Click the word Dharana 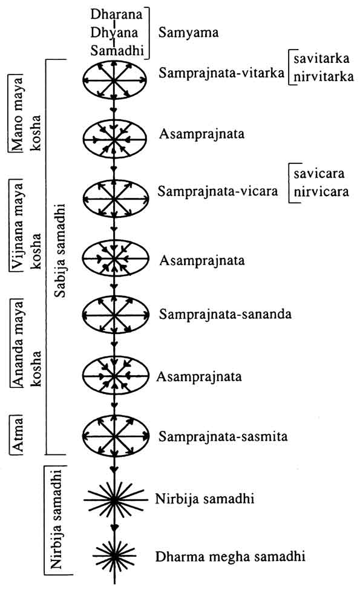pos(117,15)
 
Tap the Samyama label pos(188,33)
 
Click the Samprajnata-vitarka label pos(221,73)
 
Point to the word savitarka pos(322,58)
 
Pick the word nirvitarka pos(324,77)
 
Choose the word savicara pos(319,174)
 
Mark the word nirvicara pos(321,192)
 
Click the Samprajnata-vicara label pos(218,191)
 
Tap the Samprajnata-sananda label pos(225,314)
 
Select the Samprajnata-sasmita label pos(223,436)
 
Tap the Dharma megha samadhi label pos(231,557)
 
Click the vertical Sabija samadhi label pos(60,251)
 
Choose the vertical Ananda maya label pos(18,343)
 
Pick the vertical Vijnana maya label pos(18,225)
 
